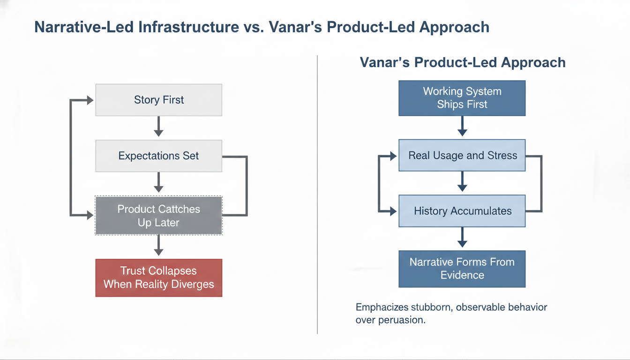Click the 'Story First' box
click(158, 100)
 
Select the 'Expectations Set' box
click(158, 156)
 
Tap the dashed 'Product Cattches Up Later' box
click(158, 216)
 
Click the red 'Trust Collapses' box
click(158, 278)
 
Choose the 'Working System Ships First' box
click(462, 98)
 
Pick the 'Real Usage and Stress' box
click(462, 155)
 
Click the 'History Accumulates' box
click(462, 211)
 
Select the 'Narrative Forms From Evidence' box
click(462, 269)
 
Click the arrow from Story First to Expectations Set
click(158, 127)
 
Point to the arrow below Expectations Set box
click(158, 182)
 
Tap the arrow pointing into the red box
click(158, 245)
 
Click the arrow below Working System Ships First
click(462, 126)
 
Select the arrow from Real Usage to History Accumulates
click(462, 181)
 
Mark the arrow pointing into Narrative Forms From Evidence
click(462, 237)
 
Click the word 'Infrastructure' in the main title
click(188, 27)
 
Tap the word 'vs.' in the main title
click(254, 28)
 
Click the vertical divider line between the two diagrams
click(317, 195)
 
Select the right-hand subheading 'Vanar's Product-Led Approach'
click(463, 62)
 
